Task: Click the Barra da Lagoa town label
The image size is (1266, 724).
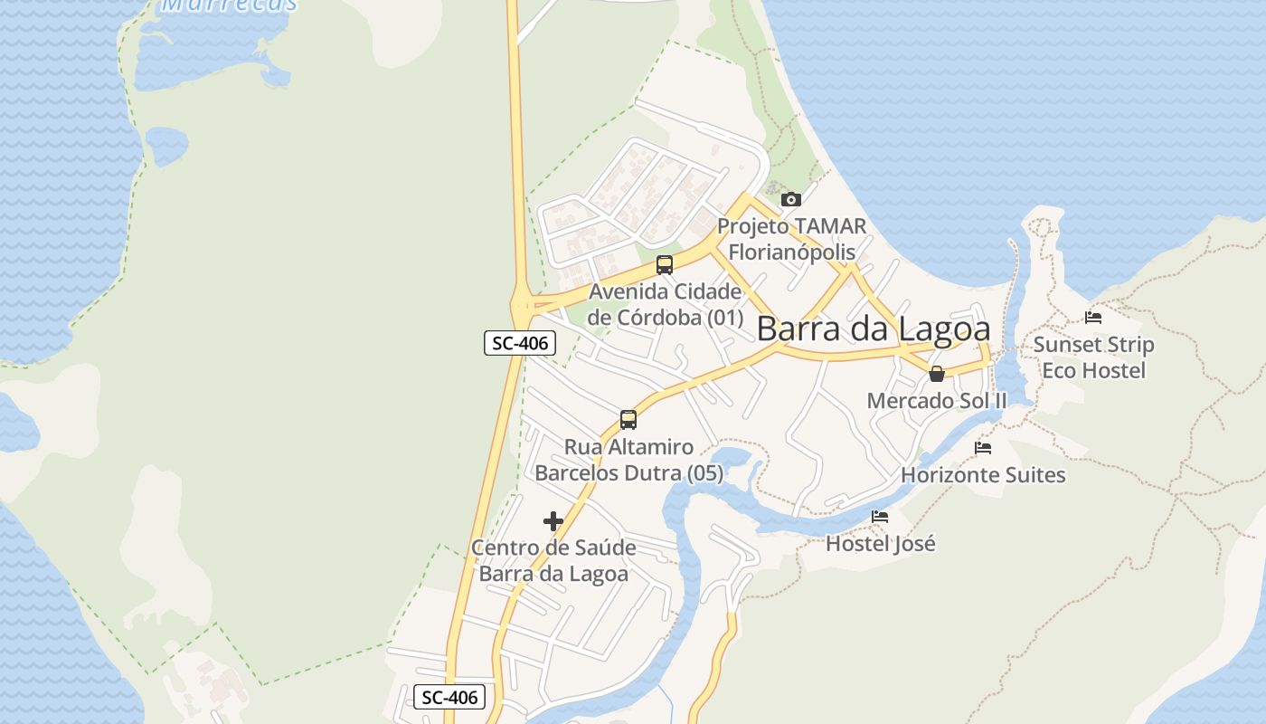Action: pyautogui.click(x=873, y=329)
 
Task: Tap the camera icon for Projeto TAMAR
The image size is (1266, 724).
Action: pyautogui.click(x=791, y=199)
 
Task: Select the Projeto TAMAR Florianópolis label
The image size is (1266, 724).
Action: pyautogui.click(x=791, y=238)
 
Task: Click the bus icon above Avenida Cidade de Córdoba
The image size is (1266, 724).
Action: pyautogui.click(x=665, y=265)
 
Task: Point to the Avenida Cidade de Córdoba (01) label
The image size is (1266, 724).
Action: pyautogui.click(x=665, y=305)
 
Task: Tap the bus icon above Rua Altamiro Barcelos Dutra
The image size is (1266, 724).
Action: pyautogui.click(x=628, y=420)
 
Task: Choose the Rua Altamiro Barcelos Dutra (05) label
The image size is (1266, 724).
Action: pyautogui.click(x=628, y=460)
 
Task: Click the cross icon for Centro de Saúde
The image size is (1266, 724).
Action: pyautogui.click(x=553, y=521)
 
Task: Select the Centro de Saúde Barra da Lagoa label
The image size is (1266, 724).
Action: pyautogui.click(x=553, y=561)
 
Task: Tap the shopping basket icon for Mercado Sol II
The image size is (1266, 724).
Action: pyautogui.click(x=937, y=374)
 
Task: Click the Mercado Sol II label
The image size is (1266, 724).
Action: pyautogui.click(x=937, y=400)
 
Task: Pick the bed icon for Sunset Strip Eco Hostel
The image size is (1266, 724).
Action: pyautogui.click(x=1093, y=318)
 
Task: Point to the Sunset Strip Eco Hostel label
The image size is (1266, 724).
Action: pyautogui.click(x=1093, y=357)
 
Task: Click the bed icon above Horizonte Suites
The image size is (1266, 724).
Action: pyautogui.click(x=983, y=448)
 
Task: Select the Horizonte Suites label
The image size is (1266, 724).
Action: pyautogui.click(x=983, y=474)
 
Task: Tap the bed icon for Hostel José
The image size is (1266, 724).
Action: pyautogui.click(x=880, y=517)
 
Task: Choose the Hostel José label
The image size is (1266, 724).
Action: pyautogui.click(x=880, y=544)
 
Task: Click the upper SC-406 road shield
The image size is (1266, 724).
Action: pyautogui.click(x=520, y=343)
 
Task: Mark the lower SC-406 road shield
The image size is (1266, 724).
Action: pyautogui.click(x=450, y=697)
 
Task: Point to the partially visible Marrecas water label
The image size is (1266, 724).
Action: pyautogui.click(x=229, y=5)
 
